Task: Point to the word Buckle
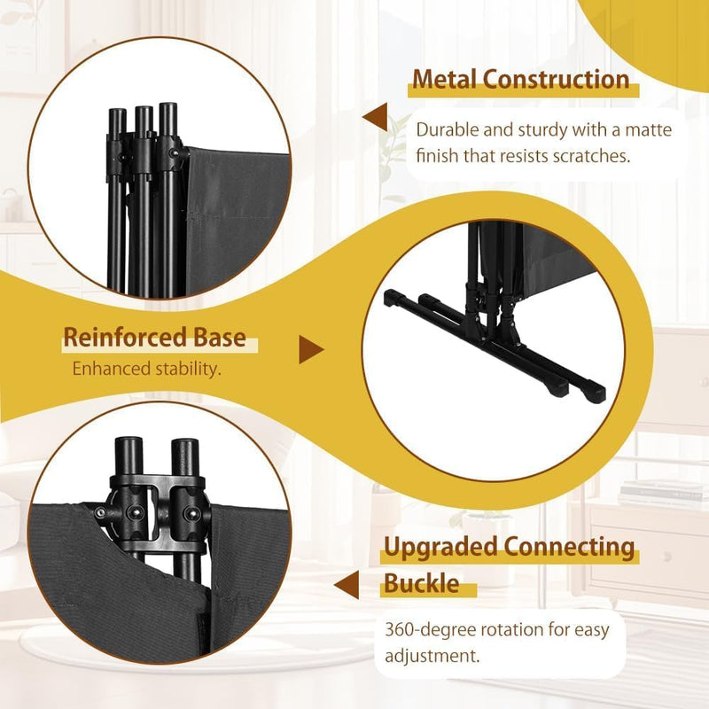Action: click(x=422, y=583)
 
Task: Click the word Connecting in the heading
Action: click(x=569, y=548)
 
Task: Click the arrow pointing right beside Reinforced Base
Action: click(x=312, y=349)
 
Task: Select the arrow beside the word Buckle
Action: click(x=347, y=585)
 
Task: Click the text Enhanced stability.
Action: click(x=147, y=369)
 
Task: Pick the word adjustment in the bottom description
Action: click(x=432, y=656)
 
